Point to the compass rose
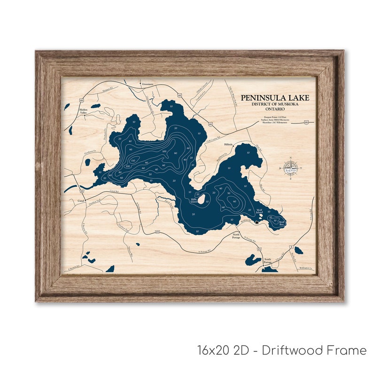[291, 167]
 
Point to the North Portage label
[236, 236]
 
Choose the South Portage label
[267, 261]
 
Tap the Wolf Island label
[259, 213]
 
